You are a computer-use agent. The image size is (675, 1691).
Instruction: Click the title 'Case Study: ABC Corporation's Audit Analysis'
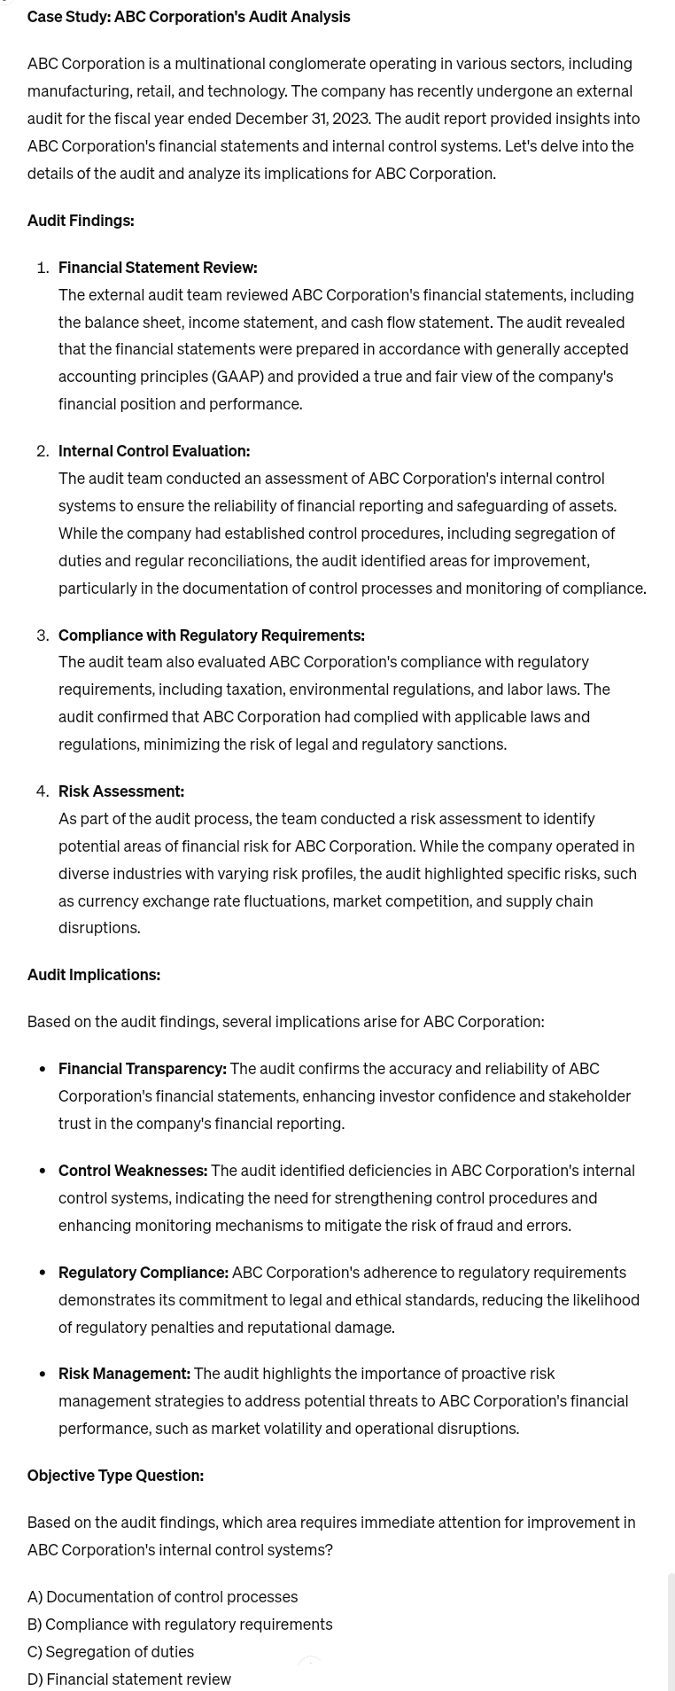pyautogui.click(x=189, y=17)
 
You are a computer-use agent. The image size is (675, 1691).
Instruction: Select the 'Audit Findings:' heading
pyautogui.click(x=81, y=221)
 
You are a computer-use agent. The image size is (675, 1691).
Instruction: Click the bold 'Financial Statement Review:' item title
pyautogui.click(x=158, y=268)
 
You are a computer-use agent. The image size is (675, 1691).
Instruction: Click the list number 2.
pyautogui.click(x=42, y=451)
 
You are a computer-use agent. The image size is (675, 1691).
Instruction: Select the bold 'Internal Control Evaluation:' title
pyautogui.click(x=154, y=451)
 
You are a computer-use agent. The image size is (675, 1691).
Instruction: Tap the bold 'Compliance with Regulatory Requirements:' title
pyautogui.click(x=212, y=635)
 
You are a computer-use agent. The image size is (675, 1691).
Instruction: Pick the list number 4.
pyautogui.click(x=42, y=791)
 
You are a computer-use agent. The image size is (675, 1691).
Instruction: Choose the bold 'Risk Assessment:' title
pyautogui.click(x=121, y=791)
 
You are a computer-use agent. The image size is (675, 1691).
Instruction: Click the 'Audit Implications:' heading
pyautogui.click(x=94, y=975)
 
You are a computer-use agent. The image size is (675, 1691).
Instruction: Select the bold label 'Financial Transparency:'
pyautogui.click(x=143, y=1069)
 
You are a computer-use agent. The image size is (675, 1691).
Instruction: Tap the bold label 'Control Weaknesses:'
pyautogui.click(x=133, y=1171)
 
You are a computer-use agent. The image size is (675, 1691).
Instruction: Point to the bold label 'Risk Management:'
pyautogui.click(x=124, y=1374)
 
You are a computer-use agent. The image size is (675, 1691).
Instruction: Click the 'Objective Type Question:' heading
pyautogui.click(x=115, y=1476)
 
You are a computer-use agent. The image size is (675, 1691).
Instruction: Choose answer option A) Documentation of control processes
pyautogui.click(x=162, y=1597)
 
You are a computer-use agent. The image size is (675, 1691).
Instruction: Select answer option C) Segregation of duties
pyautogui.click(x=111, y=1652)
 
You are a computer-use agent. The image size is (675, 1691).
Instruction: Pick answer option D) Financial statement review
pyautogui.click(x=129, y=1679)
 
